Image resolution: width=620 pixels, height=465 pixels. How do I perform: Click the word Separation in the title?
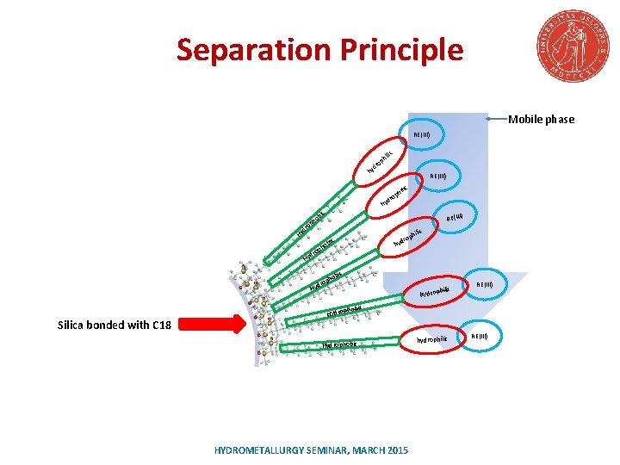tap(251, 51)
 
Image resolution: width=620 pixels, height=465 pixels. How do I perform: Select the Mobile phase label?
tap(541, 120)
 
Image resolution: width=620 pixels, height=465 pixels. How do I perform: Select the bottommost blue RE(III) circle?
tap(478, 335)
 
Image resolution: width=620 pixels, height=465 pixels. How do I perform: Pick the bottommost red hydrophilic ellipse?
tap(431, 339)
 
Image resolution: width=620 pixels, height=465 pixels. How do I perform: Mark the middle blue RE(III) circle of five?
tap(455, 216)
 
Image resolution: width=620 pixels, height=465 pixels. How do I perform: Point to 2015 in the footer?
tap(398, 450)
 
